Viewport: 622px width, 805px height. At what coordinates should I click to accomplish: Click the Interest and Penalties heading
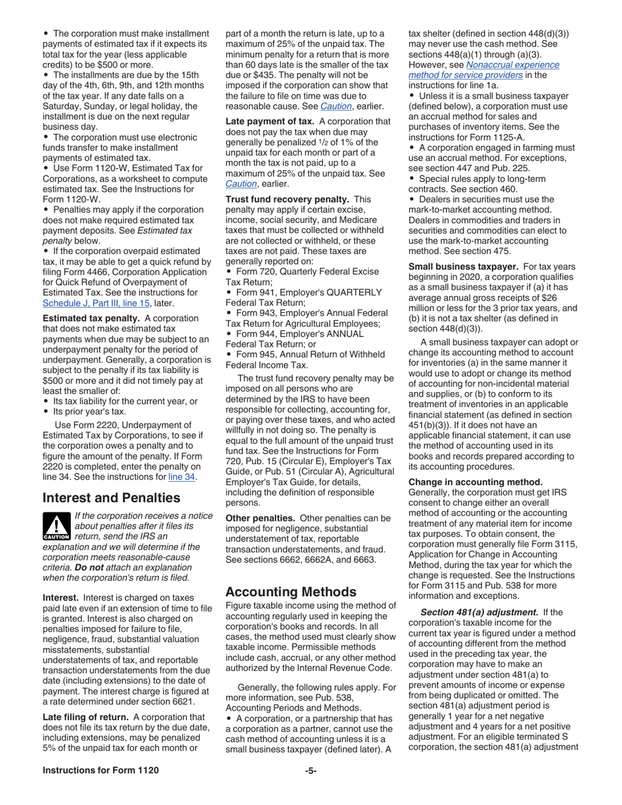click(x=111, y=497)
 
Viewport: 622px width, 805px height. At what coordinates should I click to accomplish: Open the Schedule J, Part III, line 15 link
click(x=96, y=303)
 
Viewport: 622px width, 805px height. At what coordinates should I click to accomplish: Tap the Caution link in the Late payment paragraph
click(x=240, y=183)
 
